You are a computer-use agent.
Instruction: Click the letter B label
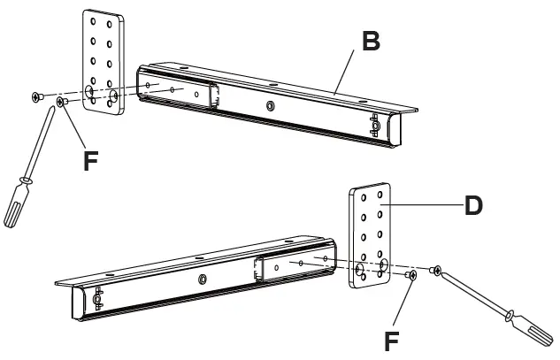(x=372, y=41)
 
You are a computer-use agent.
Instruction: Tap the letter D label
(x=474, y=205)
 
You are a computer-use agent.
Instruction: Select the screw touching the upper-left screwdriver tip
(x=61, y=103)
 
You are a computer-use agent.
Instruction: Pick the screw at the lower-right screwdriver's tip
(x=435, y=268)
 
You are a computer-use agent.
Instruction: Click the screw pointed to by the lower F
(x=412, y=276)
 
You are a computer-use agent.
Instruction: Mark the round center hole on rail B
(x=271, y=103)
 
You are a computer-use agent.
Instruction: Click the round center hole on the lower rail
(x=203, y=280)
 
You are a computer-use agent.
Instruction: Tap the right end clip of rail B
(x=378, y=126)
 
